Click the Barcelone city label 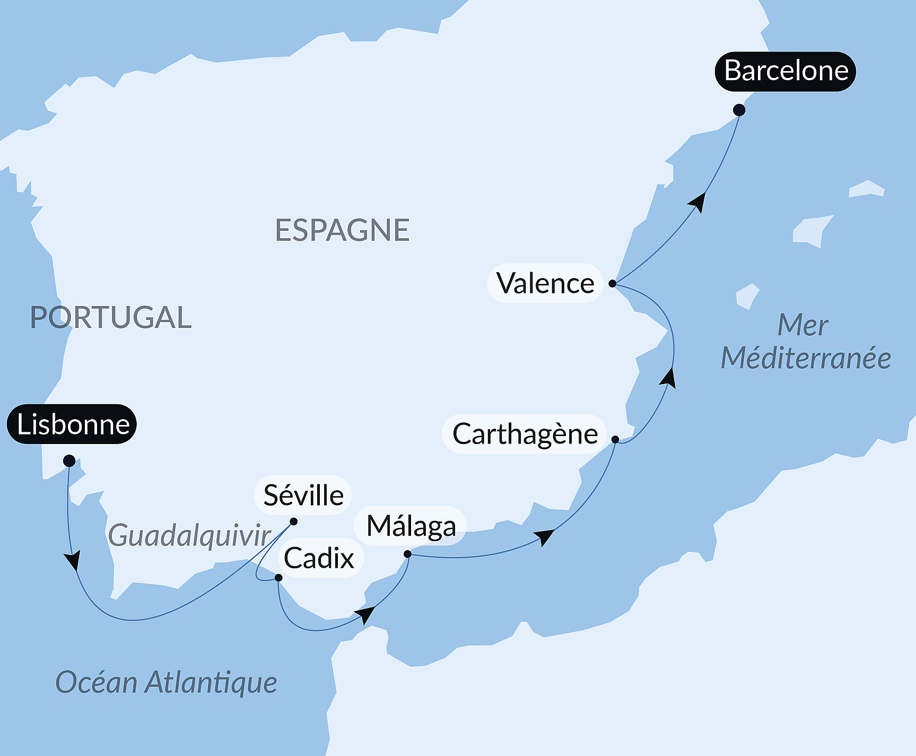pos(786,71)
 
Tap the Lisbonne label pos(72,424)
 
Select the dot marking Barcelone pos(739,110)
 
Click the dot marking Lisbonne pos(69,460)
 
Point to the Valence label pos(545,283)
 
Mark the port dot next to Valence pos(612,283)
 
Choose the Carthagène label pos(525,434)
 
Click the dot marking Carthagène pos(615,439)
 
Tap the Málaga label pos(411,526)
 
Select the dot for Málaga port pos(407,554)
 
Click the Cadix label pos(319,558)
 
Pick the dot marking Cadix pos(278,577)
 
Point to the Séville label pos(303,496)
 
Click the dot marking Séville pos(293,522)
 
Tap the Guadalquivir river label pos(189,535)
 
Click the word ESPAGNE pos(342,230)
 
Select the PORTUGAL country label pos(110,317)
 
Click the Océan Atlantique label pos(166,682)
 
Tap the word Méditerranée pos(805,358)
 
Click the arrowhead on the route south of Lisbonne pos(73,560)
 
